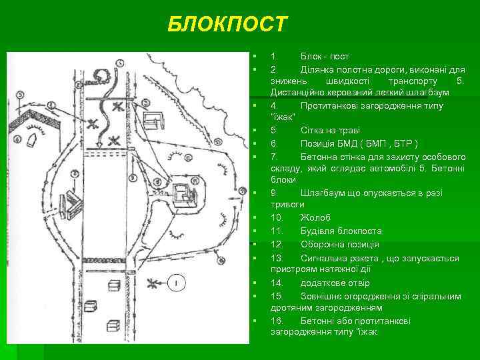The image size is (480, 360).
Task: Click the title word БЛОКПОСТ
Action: [x=227, y=25]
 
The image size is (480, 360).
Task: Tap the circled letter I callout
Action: [x=175, y=283]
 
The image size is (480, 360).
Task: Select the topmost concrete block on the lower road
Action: [x=115, y=286]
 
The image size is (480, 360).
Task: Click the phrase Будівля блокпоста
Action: [x=341, y=231]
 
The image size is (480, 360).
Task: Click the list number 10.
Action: [x=277, y=217]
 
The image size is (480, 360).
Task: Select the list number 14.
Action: [x=277, y=283]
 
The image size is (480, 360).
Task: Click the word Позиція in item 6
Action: [x=319, y=143]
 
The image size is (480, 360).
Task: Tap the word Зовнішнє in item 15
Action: [x=324, y=296]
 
